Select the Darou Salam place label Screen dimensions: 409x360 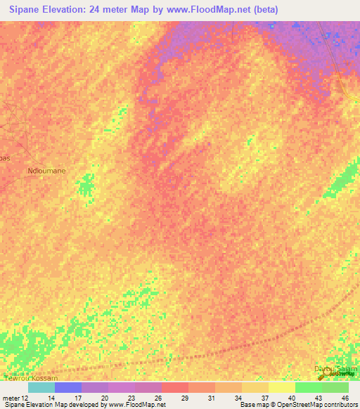335,368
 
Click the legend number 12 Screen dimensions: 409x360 25,397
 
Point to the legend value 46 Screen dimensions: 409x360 345,397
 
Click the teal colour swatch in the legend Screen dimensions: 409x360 41,387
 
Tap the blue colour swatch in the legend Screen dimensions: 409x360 68,387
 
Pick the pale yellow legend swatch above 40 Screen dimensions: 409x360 282,387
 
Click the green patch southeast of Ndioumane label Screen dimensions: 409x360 86,186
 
